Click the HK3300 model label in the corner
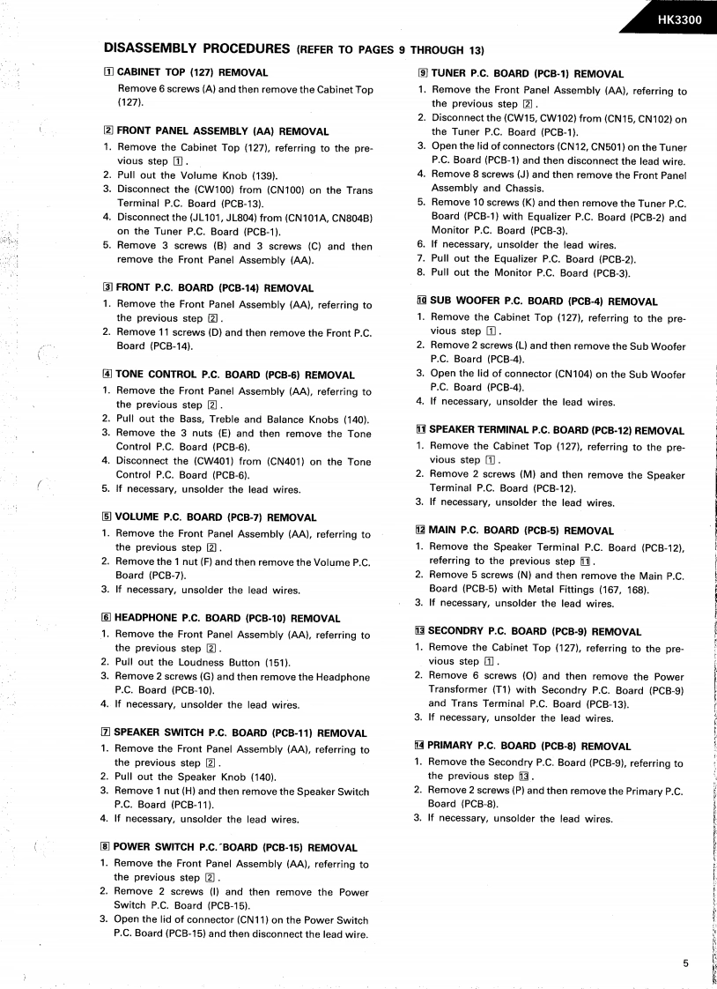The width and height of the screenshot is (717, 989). (678, 21)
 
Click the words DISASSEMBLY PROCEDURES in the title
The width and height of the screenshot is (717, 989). (196, 48)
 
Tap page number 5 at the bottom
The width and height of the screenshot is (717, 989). (685, 963)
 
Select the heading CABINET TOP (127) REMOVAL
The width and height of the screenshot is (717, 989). (193, 72)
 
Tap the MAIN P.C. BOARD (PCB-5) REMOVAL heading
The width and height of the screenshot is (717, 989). (521, 531)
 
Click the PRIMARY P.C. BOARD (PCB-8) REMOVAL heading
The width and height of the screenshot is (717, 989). (529, 747)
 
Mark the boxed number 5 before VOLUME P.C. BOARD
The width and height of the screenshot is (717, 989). (107, 517)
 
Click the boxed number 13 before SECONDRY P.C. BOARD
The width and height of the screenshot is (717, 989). (419, 632)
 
